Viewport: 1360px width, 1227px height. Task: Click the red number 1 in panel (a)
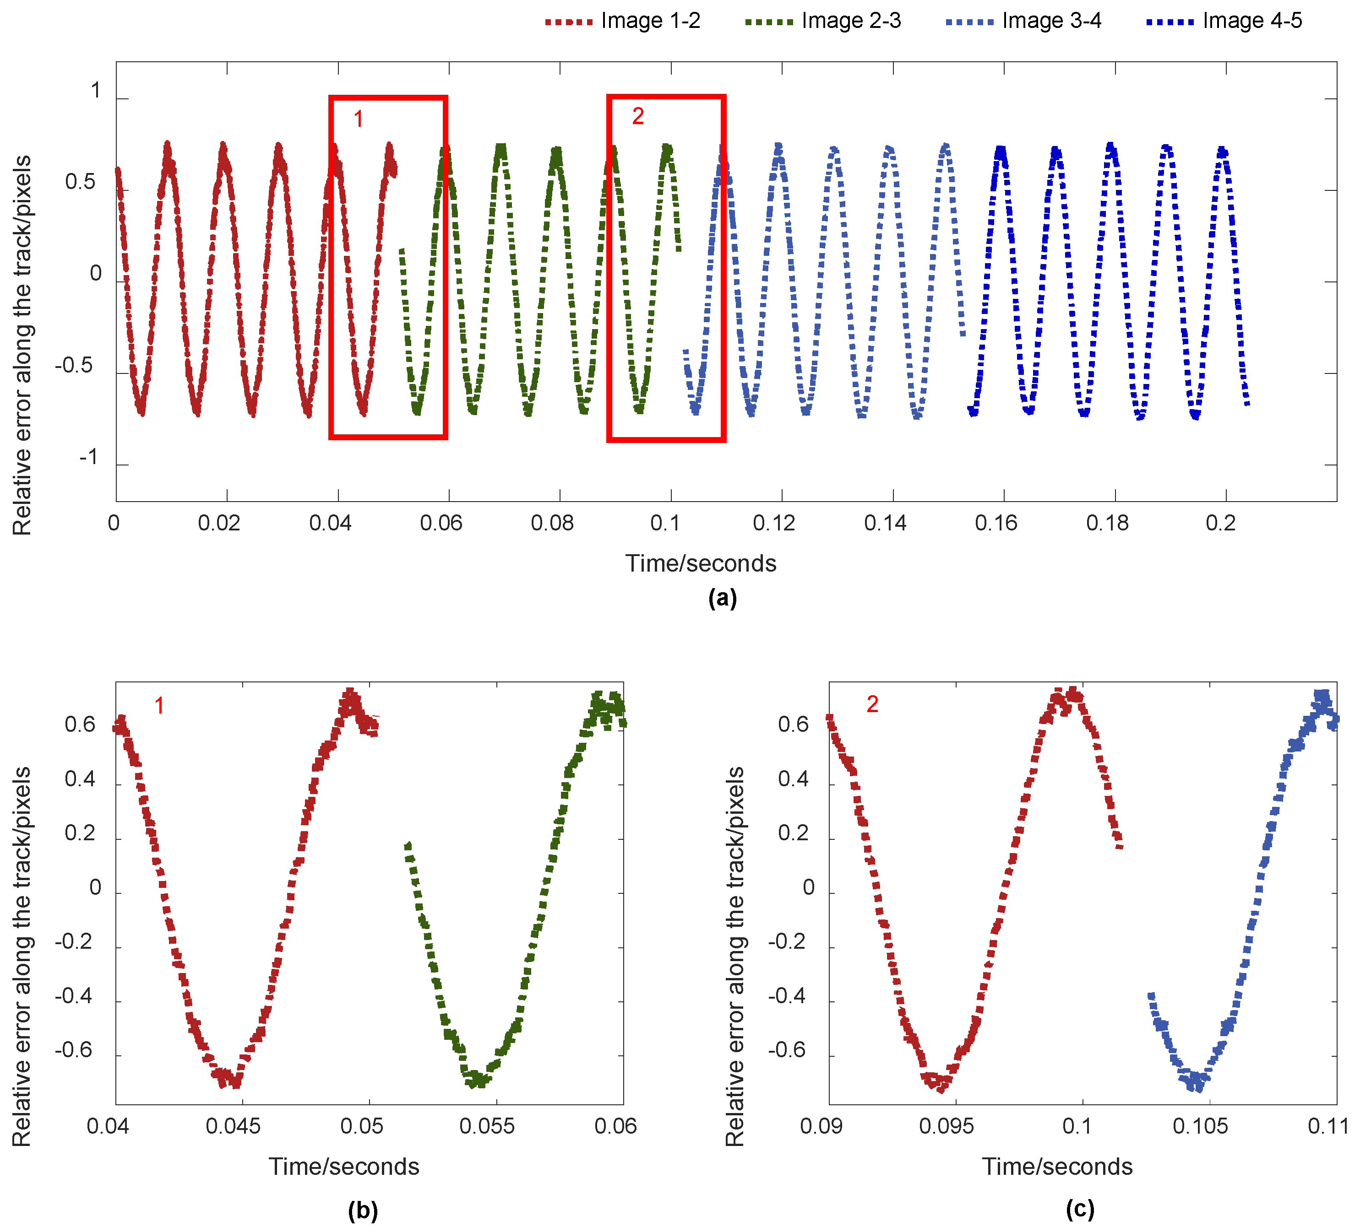(x=358, y=119)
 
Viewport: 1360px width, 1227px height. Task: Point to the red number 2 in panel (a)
(x=637, y=117)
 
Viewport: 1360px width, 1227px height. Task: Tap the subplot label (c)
(x=1080, y=1210)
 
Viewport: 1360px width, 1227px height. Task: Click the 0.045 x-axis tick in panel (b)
(x=234, y=1126)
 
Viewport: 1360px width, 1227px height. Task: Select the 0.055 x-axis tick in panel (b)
(x=487, y=1126)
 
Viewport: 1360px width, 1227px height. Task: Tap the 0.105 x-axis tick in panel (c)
(x=1200, y=1126)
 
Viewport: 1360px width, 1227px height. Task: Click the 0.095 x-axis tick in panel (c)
(x=947, y=1126)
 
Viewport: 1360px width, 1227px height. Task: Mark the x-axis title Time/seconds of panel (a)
(x=701, y=563)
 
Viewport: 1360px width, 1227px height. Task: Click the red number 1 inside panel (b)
(x=159, y=706)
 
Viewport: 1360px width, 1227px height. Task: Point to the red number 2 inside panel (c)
(x=872, y=704)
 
